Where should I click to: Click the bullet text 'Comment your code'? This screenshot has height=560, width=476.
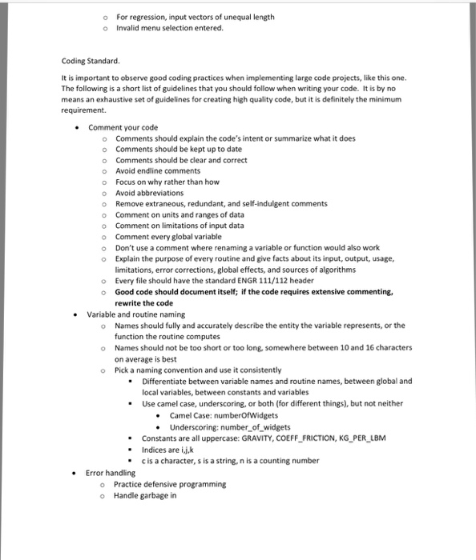point(123,127)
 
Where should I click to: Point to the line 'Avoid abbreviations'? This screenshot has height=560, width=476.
point(149,193)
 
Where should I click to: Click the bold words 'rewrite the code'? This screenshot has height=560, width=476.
point(143,303)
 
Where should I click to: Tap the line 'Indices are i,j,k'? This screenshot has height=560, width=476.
point(169,450)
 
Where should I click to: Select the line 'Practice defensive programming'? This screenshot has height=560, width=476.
point(170,484)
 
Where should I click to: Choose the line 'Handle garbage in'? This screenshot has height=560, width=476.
point(144,496)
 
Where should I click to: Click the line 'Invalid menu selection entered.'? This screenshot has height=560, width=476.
point(170,28)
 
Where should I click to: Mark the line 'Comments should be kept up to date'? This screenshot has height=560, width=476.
point(179,149)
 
